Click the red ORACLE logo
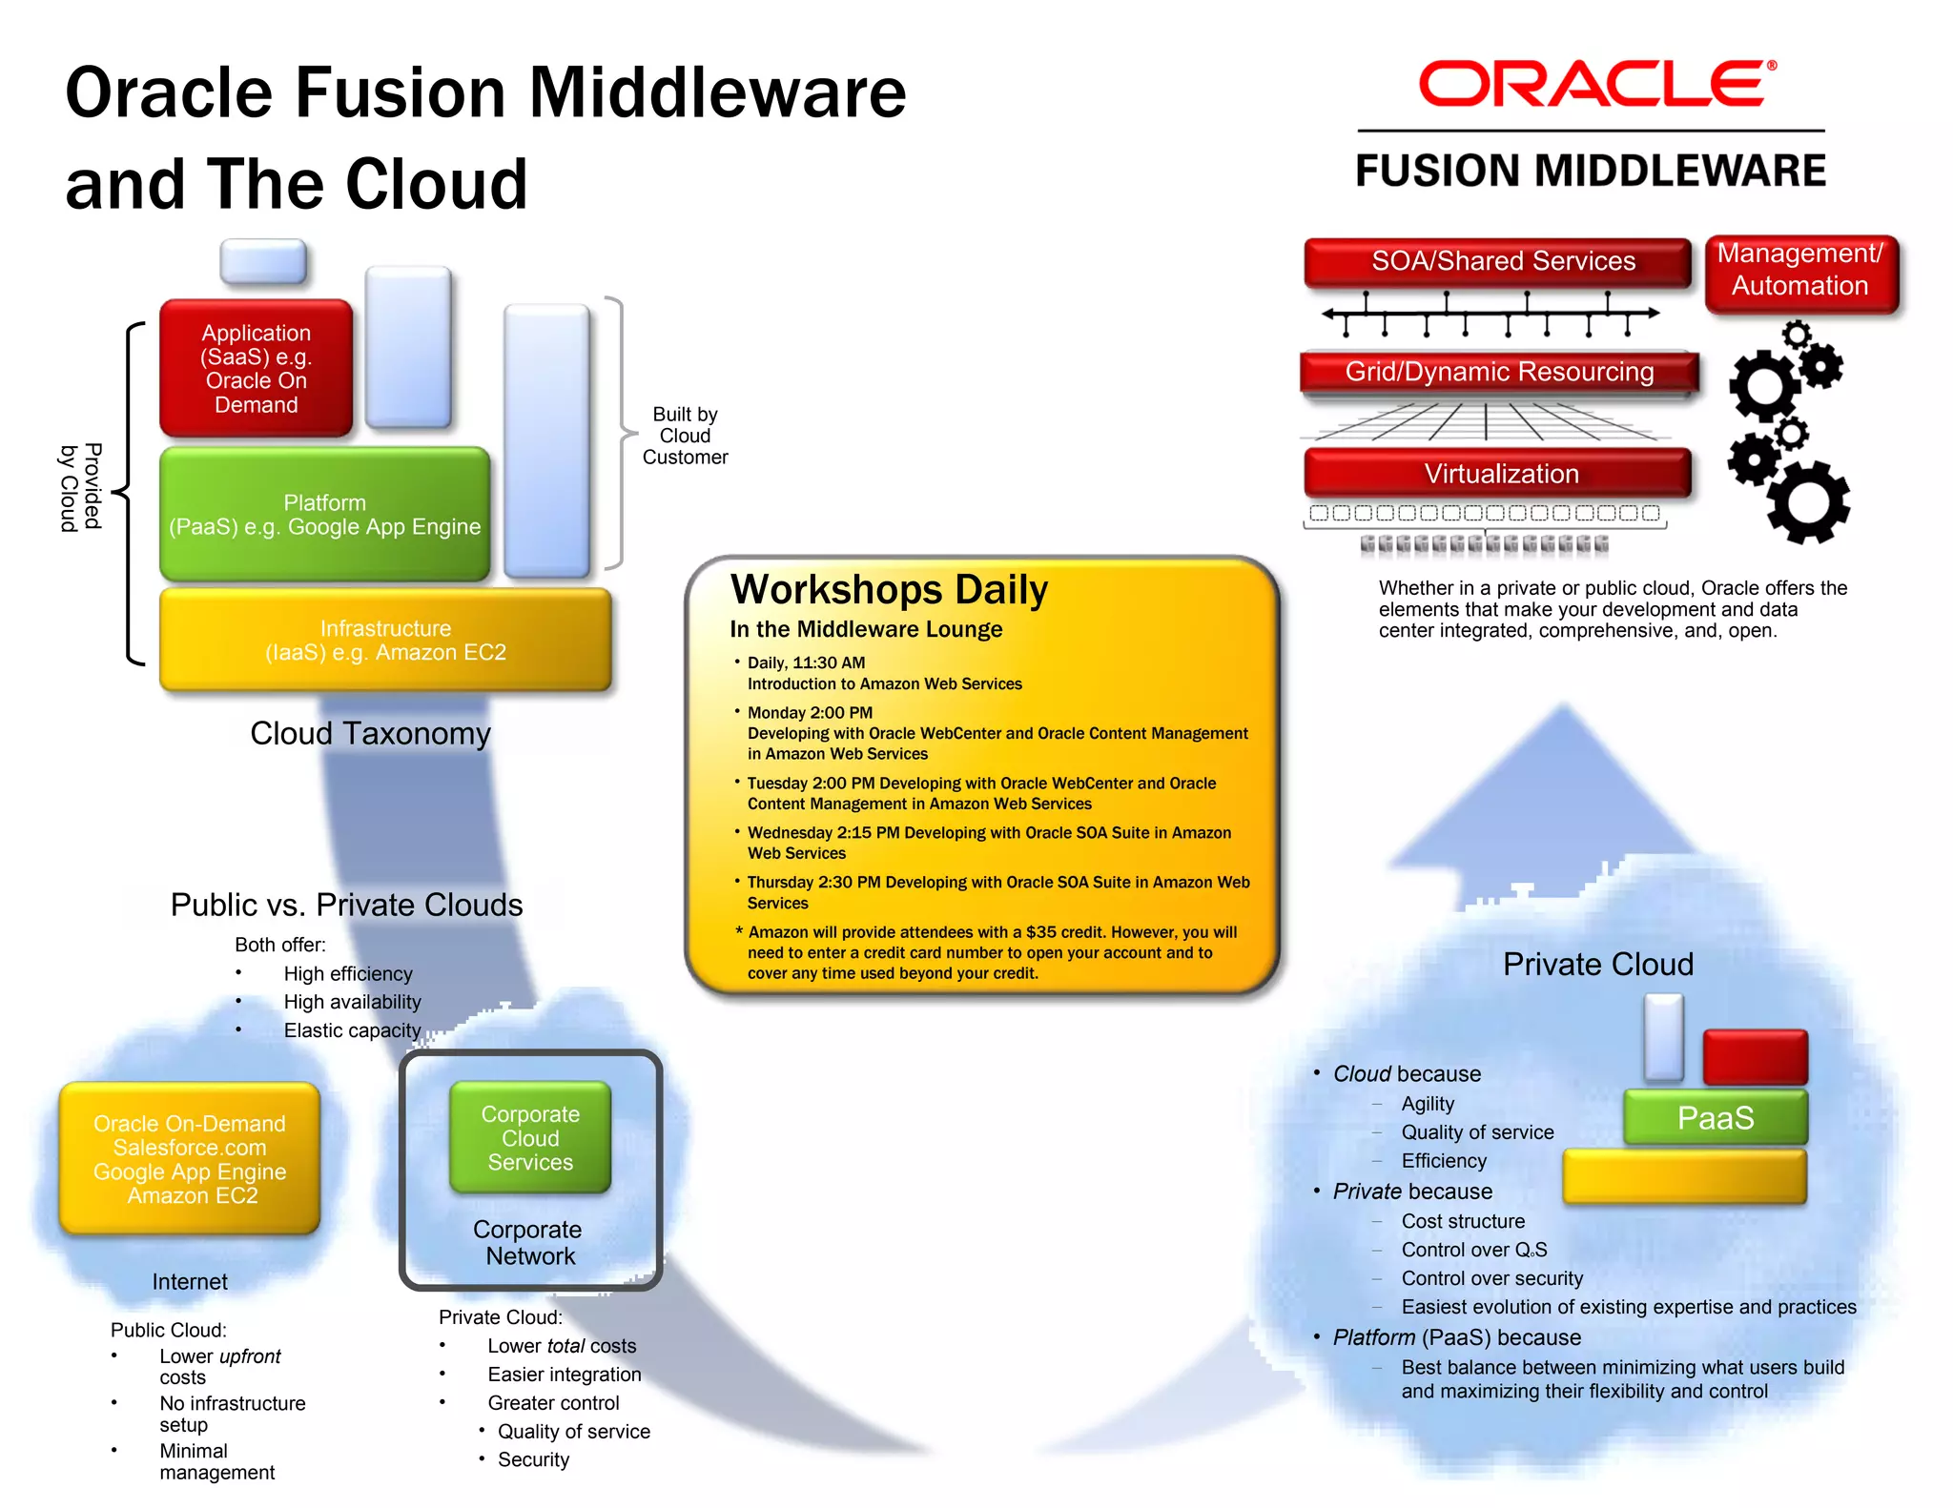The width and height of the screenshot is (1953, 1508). [1595, 84]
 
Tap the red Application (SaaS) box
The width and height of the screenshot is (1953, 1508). [256, 369]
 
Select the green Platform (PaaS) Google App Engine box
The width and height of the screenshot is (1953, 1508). [324, 515]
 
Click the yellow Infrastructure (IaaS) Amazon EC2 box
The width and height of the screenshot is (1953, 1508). [385, 641]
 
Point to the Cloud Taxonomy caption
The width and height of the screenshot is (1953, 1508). [370, 733]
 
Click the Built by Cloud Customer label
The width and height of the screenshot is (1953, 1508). [685, 436]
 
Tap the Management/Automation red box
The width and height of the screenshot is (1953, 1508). [1799, 271]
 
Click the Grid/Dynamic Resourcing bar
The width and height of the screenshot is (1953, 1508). [1499, 372]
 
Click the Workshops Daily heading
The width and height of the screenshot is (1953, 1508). [889, 589]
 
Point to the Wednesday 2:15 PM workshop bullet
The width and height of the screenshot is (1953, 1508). [988, 843]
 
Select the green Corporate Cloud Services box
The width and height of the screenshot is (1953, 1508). [530, 1138]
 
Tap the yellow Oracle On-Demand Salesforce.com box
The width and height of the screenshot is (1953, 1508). [190, 1159]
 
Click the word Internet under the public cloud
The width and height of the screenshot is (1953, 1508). [190, 1282]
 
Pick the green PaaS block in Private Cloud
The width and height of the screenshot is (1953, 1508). [1715, 1118]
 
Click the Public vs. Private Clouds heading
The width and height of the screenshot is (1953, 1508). [346, 905]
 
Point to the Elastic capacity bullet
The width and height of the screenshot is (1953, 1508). [352, 1030]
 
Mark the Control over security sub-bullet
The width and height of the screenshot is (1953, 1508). [1491, 1278]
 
